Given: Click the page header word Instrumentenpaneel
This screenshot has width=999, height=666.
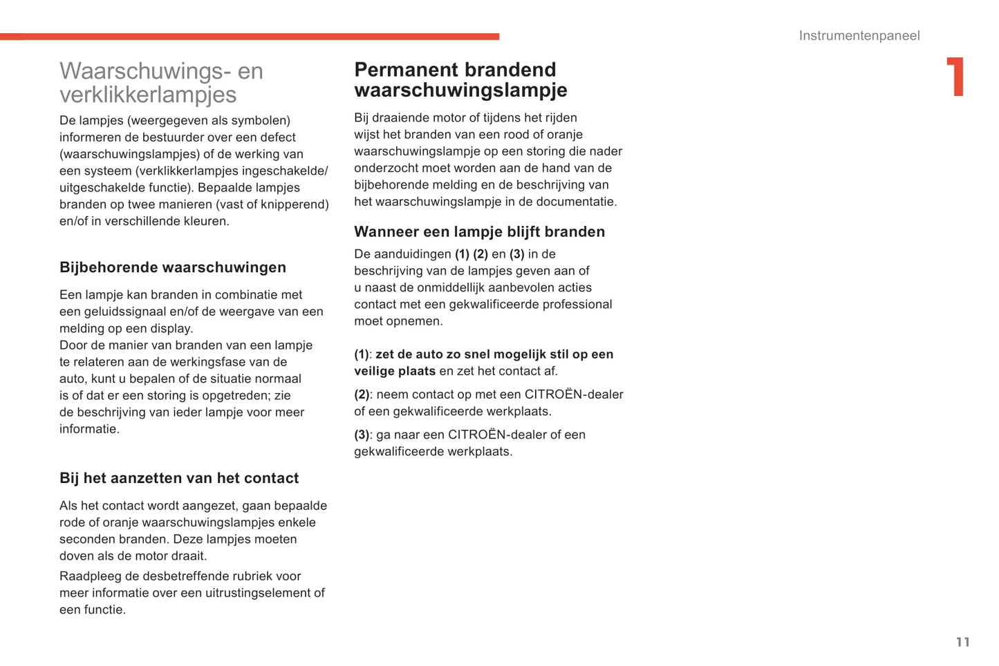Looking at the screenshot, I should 859,36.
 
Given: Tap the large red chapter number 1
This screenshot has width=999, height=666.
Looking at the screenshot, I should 955,77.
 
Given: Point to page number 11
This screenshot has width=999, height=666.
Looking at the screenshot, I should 962,643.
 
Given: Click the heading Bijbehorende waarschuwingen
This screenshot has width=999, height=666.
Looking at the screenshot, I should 173,267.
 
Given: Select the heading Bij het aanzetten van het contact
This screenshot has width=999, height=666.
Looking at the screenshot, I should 179,478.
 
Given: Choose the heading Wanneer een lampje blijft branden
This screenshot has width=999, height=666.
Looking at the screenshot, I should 479,232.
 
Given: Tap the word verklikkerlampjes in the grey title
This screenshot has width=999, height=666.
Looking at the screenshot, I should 148,95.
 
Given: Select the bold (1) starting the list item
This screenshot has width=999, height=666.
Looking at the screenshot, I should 362,354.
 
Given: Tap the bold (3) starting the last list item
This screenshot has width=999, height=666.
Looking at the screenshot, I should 362,435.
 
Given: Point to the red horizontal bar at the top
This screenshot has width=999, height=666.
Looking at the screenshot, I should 250,37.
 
